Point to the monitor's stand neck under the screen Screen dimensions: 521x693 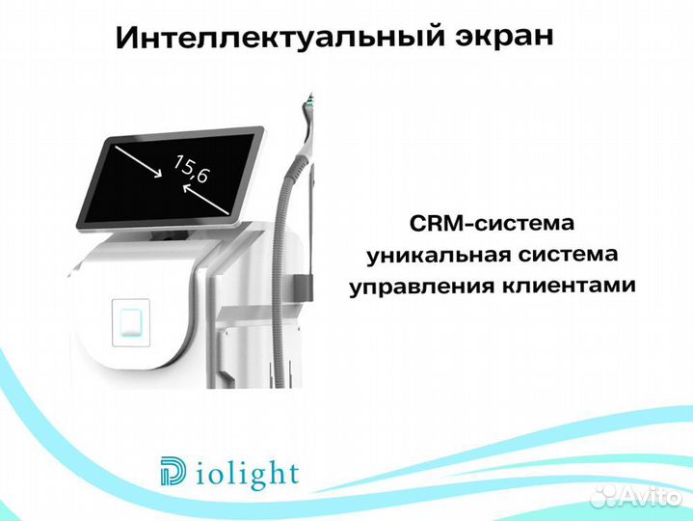[164, 234]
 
